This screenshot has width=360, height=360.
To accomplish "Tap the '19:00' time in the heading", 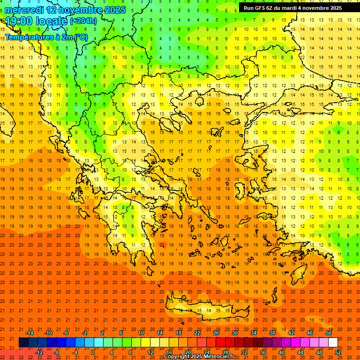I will coord(19,21).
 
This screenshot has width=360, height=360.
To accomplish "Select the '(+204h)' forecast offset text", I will coord(83,21).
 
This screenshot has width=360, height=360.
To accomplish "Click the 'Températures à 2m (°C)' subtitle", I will coord(39,37).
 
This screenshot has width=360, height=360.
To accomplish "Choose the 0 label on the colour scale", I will coord(93,352).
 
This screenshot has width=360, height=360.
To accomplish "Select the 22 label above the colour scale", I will coord(197,333).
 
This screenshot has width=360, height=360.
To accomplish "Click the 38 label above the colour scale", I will coord(272,333).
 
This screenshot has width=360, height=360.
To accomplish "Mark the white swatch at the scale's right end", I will coord(333,343).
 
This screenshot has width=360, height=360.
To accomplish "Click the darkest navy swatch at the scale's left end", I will coord(23,343).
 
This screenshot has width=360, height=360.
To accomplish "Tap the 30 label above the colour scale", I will coord(235,333).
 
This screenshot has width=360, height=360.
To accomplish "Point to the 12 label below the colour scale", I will coord(150,352).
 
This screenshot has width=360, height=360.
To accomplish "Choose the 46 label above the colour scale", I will coord(310,333).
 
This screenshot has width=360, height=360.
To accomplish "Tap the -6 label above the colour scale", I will coord(67,333).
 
